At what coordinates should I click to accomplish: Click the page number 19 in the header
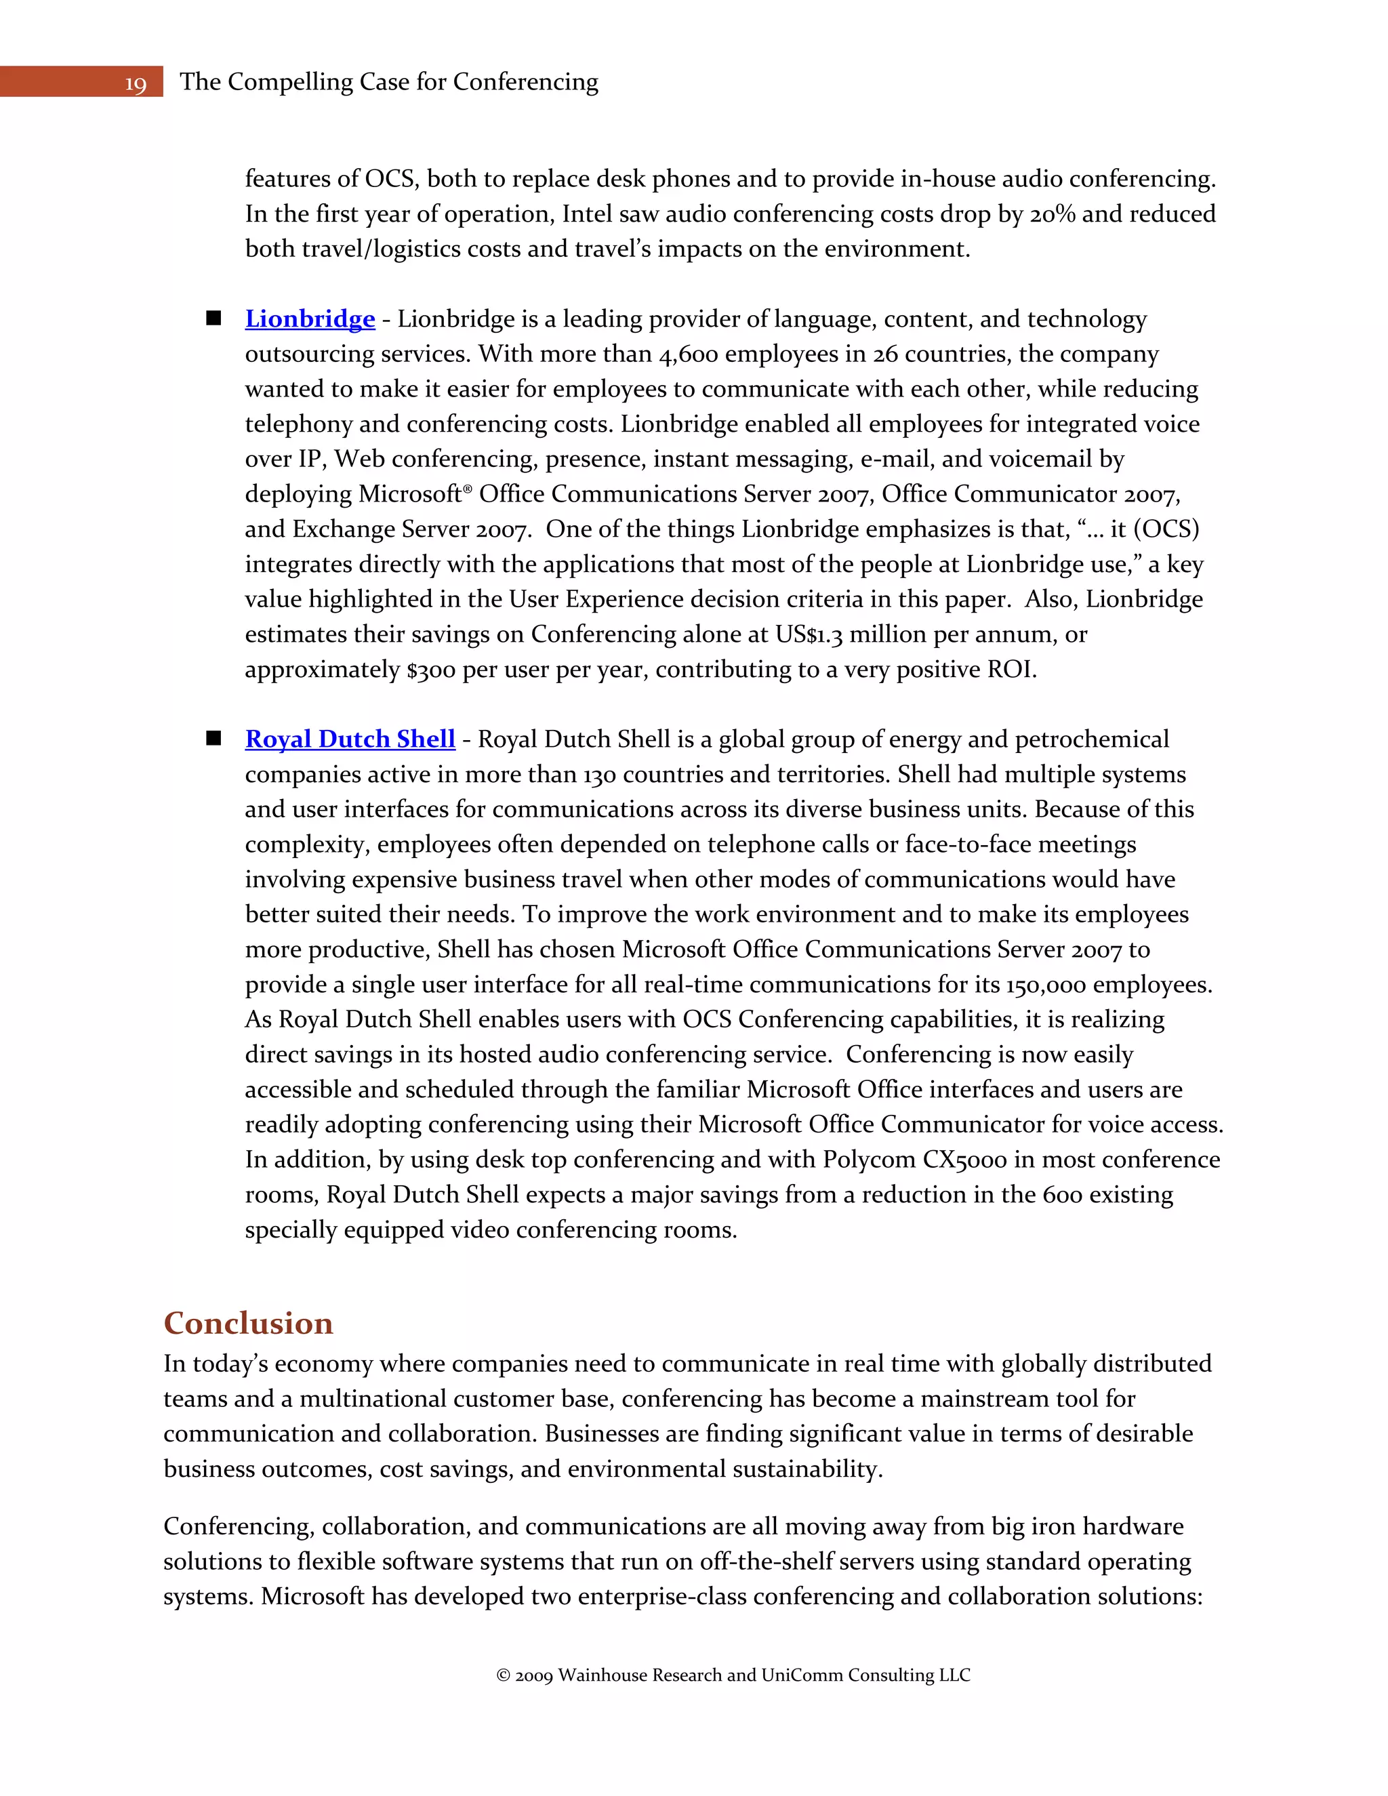click(136, 84)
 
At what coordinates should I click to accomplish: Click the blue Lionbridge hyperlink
click(310, 319)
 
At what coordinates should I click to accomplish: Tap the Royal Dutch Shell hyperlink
click(350, 739)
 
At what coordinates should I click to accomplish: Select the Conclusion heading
click(248, 1323)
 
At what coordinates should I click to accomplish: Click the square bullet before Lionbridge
click(213, 319)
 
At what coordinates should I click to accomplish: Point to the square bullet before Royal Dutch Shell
click(213, 739)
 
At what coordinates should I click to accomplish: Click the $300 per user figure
click(431, 670)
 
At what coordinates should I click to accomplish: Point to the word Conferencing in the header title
click(525, 82)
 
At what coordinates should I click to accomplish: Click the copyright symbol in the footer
click(504, 1676)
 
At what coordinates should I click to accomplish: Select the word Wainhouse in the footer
click(602, 1676)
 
